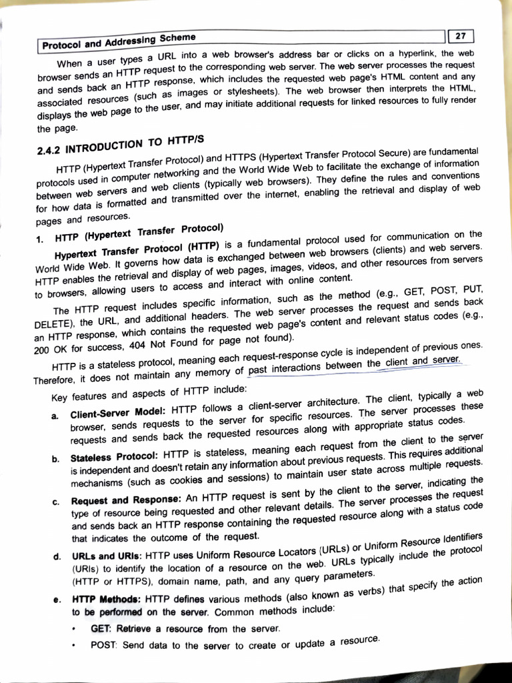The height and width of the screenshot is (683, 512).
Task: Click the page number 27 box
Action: [461, 35]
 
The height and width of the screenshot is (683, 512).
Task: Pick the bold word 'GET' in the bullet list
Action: [101, 628]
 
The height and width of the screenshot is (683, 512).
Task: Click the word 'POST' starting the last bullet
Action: [103, 646]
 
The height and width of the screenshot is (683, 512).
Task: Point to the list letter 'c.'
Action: [55, 502]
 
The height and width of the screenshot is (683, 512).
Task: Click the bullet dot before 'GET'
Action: [76, 629]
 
